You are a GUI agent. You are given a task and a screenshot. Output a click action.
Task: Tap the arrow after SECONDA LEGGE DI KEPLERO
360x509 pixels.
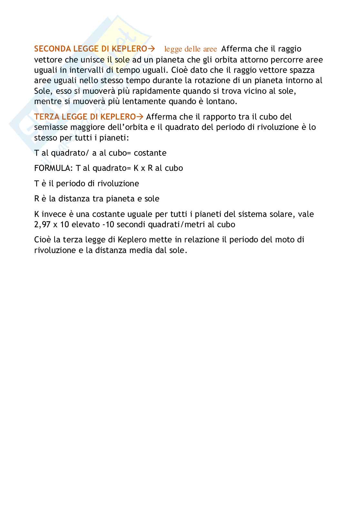[151, 49]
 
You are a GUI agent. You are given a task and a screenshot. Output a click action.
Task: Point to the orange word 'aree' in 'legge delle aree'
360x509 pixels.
[210, 49]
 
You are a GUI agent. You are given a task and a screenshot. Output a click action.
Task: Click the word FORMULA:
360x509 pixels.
[54, 168]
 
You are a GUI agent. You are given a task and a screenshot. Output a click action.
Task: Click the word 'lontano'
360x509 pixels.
[222, 102]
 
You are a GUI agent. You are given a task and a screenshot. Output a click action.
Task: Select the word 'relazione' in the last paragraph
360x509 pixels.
[201, 240]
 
